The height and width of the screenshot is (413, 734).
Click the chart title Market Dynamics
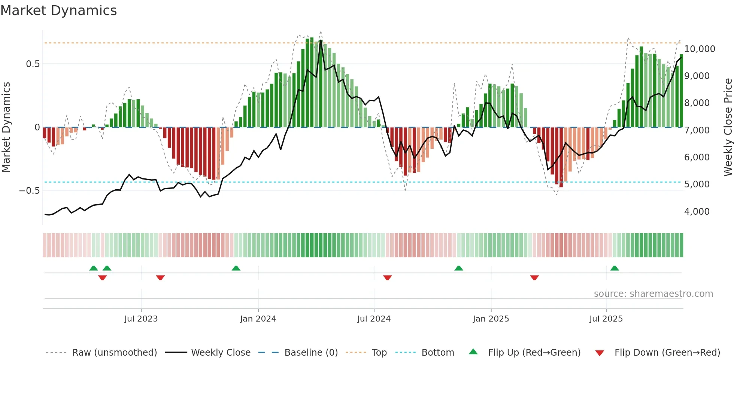point(58,10)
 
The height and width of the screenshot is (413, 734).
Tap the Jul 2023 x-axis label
point(141,319)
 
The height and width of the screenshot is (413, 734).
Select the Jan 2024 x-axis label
point(258,319)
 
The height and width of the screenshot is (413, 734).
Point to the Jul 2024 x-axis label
point(374,319)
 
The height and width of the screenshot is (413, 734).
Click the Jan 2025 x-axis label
point(491,319)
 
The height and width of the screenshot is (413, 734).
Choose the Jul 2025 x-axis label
point(606,319)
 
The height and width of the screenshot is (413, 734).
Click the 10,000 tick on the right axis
point(700,49)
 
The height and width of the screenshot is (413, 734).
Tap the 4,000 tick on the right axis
point(697,212)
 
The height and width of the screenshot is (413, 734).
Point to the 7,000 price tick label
point(697,130)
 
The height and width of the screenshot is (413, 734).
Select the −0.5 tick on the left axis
point(29,191)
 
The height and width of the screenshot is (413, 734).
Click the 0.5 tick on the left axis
point(33,64)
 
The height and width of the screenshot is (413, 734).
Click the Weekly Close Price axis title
point(728,127)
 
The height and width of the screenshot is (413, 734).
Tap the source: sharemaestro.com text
point(653,294)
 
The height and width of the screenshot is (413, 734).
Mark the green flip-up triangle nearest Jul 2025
point(615,268)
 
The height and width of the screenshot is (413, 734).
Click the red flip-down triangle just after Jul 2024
point(388,278)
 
